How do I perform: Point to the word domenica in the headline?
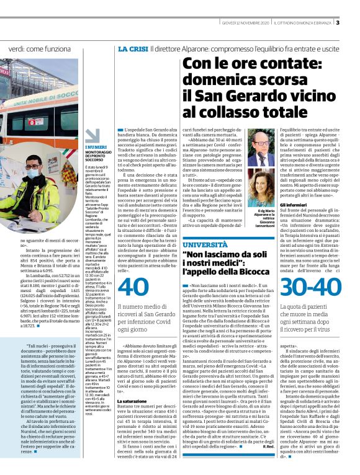pyautogui.click(x=215, y=79)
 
